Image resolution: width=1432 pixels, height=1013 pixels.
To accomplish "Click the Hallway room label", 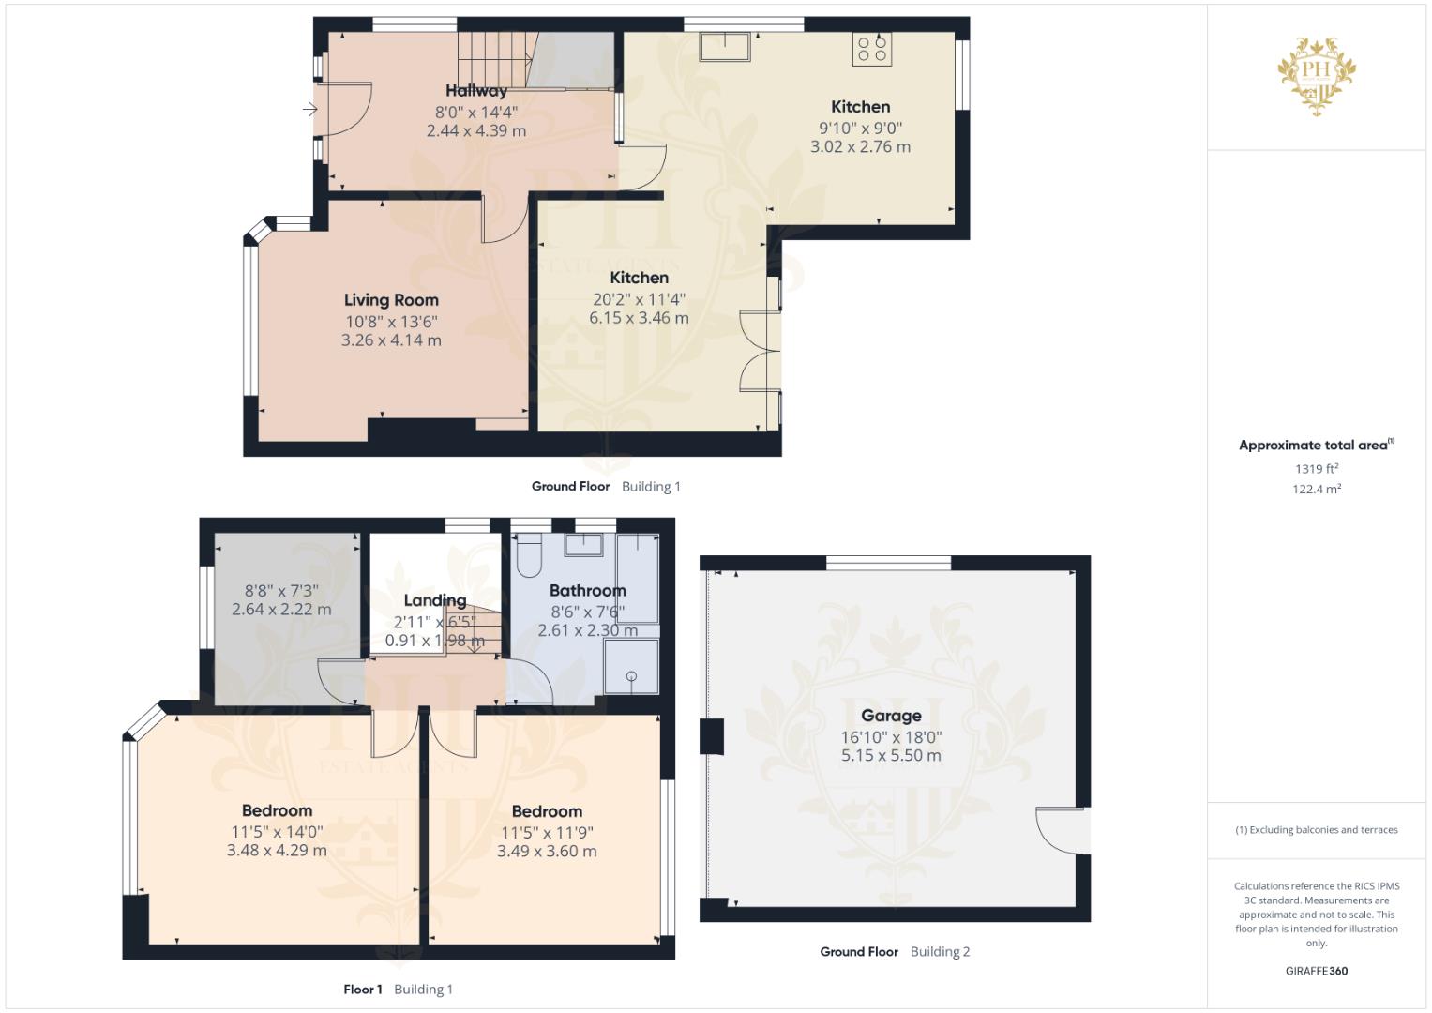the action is point(476,91).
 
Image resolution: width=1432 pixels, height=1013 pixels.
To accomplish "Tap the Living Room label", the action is point(391,300).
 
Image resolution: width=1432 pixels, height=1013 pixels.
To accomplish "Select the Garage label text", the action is point(891,716).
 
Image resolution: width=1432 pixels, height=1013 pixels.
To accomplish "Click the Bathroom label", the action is point(587,590).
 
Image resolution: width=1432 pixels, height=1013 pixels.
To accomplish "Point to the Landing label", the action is point(435,600).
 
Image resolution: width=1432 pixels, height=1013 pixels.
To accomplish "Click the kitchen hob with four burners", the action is point(872,49).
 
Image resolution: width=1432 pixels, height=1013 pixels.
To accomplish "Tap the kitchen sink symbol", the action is point(724,47).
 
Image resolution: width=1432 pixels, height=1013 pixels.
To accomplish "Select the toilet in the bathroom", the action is point(529,555).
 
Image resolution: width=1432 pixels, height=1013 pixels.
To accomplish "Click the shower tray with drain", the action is point(631,666).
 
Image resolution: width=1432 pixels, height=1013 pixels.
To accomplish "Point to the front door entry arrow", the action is point(310,110).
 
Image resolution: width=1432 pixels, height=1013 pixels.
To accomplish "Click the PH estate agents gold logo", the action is point(1317,76).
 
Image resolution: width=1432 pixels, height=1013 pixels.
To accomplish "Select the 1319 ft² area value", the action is point(1317,469).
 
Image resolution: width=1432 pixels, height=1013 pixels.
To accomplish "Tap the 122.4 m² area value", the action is point(1317,490).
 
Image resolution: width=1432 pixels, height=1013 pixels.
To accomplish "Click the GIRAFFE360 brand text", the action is point(1317,971).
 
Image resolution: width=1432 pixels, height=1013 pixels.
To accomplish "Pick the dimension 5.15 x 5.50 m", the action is point(891,756).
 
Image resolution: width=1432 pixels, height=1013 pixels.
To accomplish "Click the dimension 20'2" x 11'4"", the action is point(639,299).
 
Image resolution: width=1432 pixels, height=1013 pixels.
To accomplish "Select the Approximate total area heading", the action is point(1317,446).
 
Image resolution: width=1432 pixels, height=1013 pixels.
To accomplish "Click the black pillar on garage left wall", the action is point(712,736).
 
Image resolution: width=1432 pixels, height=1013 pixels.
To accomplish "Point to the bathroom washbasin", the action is point(583,545).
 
